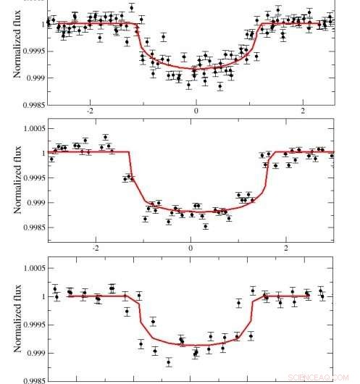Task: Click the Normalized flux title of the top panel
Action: coord(15,50)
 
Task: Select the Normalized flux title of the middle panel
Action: coord(15,185)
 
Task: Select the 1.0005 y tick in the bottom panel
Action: coord(31,268)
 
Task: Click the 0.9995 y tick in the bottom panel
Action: coord(31,325)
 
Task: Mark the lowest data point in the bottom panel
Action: coord(169,362)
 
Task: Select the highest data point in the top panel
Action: coord(131,7)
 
